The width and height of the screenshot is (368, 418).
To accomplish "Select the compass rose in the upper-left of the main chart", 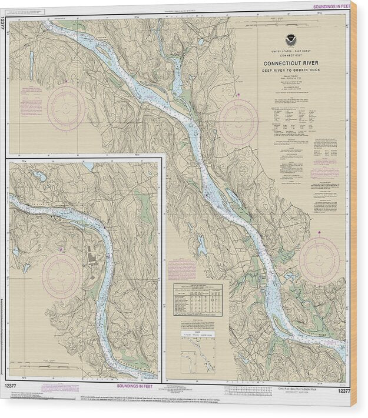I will click(x=66, y=108).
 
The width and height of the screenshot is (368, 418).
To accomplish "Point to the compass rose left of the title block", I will click(x=238, y=122).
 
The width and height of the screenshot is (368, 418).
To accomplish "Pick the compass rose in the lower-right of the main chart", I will click(x=319, y=260).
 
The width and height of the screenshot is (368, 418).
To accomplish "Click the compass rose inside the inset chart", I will click(x=61, y=275).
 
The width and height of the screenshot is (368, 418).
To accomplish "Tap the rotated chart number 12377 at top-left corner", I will click(x=4, y=24).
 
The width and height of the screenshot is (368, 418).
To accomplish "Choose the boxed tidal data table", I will click(x=198, y=299).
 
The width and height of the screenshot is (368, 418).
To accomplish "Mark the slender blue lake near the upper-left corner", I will click(x=31, y=57).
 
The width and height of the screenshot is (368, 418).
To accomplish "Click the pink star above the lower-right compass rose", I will click(x=320, y=233).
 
